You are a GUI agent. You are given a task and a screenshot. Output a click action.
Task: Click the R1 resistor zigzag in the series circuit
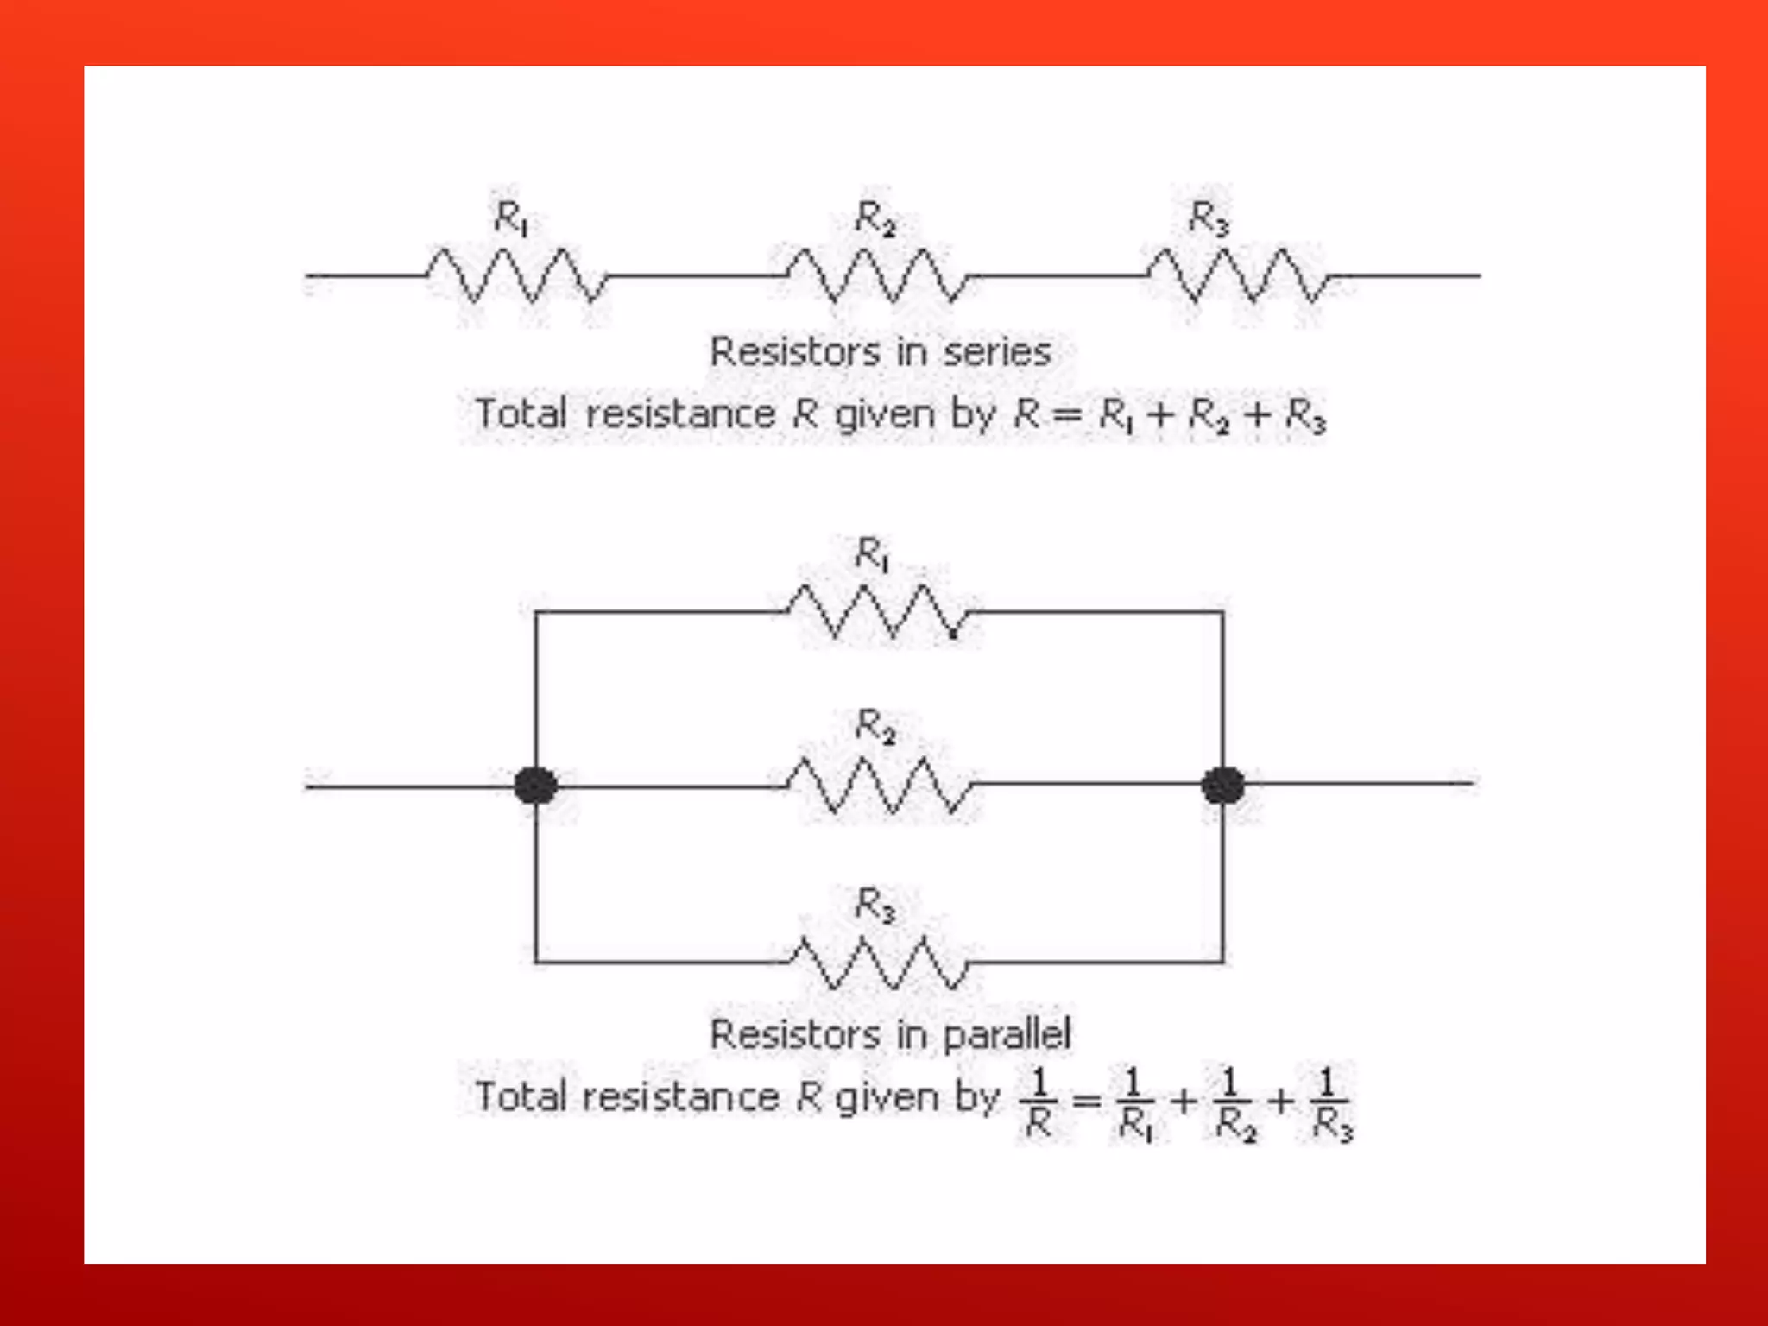pos(517,275)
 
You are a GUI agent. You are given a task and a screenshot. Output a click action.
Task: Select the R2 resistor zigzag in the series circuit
pos(878,275)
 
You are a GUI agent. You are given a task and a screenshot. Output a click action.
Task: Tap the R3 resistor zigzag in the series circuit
pos(1240,275)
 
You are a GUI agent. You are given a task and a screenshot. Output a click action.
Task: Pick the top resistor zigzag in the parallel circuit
pos(880,612)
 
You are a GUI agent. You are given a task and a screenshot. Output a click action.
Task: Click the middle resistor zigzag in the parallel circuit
pos(880,786)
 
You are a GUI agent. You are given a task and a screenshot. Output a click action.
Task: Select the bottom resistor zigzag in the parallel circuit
pos(880,962)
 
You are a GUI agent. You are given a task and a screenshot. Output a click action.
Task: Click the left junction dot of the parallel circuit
pos(535,786)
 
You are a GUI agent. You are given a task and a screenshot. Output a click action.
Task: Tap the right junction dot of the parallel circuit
pos(1222,785)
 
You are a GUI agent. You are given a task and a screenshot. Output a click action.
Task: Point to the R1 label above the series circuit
pos(511,218)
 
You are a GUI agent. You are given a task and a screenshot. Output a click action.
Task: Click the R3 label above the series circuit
pos(1209,218)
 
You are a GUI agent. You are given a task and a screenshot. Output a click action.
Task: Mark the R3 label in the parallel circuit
pos(875,905)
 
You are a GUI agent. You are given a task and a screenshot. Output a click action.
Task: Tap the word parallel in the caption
pos(1007,1034)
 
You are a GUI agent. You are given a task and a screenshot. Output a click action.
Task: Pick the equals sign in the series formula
pos(1068,415)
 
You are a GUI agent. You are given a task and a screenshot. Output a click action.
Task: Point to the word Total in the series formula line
pos(521,414)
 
